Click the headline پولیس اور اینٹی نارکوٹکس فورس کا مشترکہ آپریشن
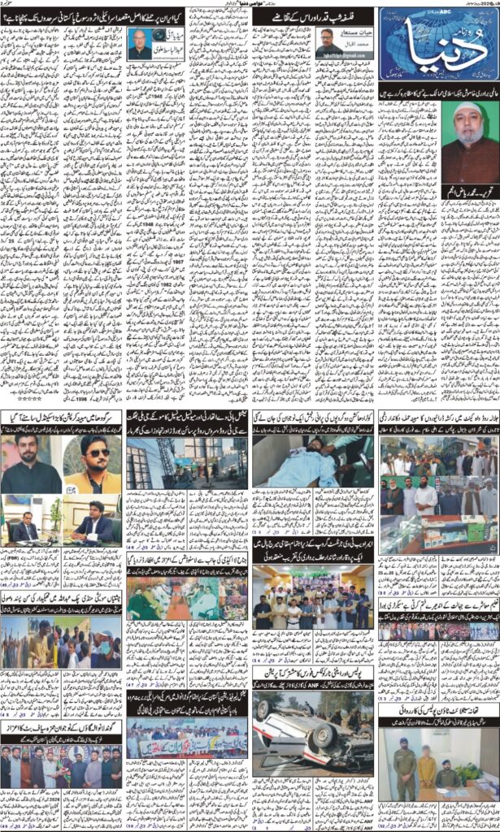click(x=313, y=674)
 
